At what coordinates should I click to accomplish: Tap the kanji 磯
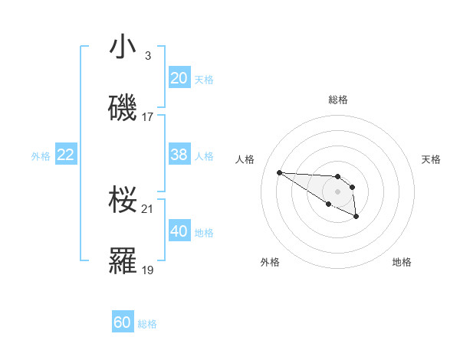[123, 108]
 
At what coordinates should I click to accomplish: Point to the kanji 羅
[123, 261]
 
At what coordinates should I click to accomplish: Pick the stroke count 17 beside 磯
[148, 117]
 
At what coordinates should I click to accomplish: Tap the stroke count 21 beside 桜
[148, 208]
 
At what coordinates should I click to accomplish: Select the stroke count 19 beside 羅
[148, 270]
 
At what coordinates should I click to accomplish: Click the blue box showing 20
[179, 78]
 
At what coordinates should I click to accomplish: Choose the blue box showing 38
[179, 155]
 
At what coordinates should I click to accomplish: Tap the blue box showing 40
[179, 231]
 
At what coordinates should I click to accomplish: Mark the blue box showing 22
[65, 155]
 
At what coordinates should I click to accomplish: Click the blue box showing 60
[123, 322]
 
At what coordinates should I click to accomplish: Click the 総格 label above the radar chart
[338, 100]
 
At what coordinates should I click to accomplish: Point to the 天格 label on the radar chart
[431, 159]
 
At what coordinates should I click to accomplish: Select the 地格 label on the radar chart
[402, 262]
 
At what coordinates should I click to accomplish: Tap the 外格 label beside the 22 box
[41, 155]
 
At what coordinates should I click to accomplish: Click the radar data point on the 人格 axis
[279, 172]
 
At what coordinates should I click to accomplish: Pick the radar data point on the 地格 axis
[356, 217]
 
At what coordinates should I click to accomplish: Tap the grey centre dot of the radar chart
[337, 191]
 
